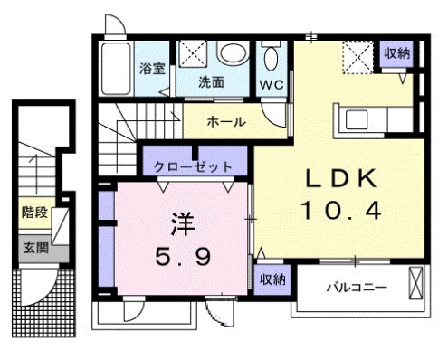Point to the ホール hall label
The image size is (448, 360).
pyautogui.click(x=224, y=121)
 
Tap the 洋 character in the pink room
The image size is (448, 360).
pyautogui.click(x=177, y=223)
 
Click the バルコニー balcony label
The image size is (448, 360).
pyautogui.click(x=357, y=288)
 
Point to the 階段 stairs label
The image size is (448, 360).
pyautogui.click(x=33, y=213)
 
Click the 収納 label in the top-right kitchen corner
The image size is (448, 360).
pyautogui.click(x=396, y=52)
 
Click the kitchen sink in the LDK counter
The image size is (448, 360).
pyautogui.click(x=355, y=119)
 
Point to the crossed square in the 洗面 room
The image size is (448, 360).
pyautogui.click(x=192, y=54)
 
